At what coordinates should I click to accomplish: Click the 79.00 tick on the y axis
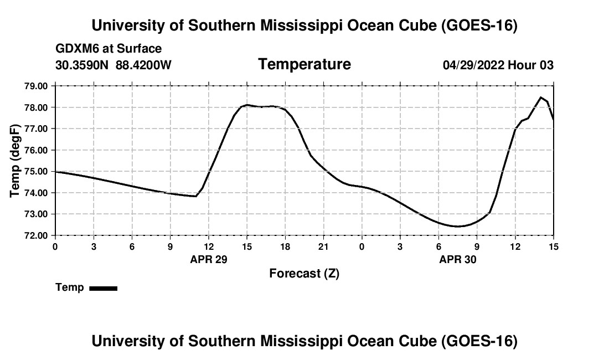point(36,86)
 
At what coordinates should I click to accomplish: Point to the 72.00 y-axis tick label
point(36,236)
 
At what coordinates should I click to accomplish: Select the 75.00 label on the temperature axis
point(36,172)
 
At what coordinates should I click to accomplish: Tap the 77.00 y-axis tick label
point(36,129)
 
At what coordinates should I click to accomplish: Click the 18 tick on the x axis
point(285,247)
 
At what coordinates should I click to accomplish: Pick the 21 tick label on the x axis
point(323,247)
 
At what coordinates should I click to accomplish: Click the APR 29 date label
point(209,259)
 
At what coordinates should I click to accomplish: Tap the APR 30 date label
point(457,259)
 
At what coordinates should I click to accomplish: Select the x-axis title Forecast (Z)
point(304,274)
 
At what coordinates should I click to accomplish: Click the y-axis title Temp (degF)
point(15,161)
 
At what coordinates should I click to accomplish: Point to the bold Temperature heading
point(304,64)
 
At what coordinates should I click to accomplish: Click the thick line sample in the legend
point(104,288)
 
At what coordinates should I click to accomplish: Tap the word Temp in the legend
point(70,287)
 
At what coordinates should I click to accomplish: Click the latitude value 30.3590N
point(81,65)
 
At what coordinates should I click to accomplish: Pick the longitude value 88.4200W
point(143,65)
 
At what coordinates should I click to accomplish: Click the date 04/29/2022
point(473,65)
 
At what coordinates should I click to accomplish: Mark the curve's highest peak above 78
point(540,97)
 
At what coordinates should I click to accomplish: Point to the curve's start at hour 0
point(55,172)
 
